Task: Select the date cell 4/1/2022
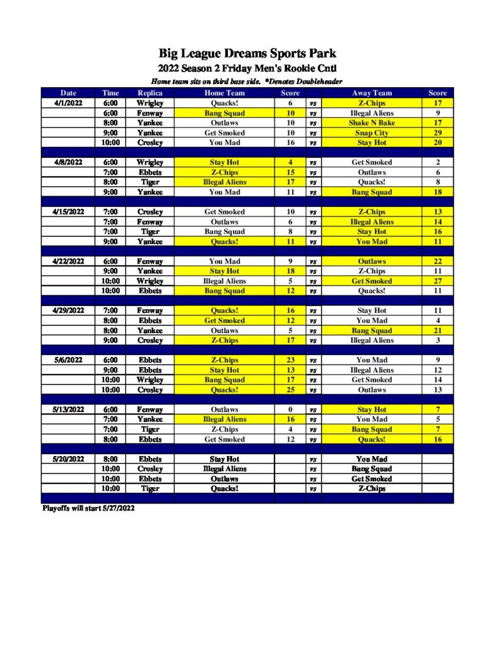click(x=68, y=103)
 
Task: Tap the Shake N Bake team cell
click(x=372, y=123)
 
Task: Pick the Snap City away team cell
click(x=372, y=133)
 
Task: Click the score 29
click(x=437, y=133)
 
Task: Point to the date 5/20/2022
click(x=68, y=459)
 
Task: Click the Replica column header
click(x=150, y=93)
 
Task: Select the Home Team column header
click(x=224, y=93)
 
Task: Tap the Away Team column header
click(x=372, y=93)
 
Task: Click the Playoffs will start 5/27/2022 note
click(x=88, y=508)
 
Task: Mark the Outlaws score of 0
click(x=290, y=409)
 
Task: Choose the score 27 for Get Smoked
click(x=437, y=281)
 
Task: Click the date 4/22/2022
click(x=68, y=261)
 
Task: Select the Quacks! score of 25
click(x=290, y=390)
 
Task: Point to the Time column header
click(x=110, y=93)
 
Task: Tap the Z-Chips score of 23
click(x=290, y=360)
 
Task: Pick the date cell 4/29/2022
click(x=68, y=310)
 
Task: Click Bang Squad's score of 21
click(x=437, y=331)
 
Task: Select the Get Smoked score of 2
click(x=437, y=162)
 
